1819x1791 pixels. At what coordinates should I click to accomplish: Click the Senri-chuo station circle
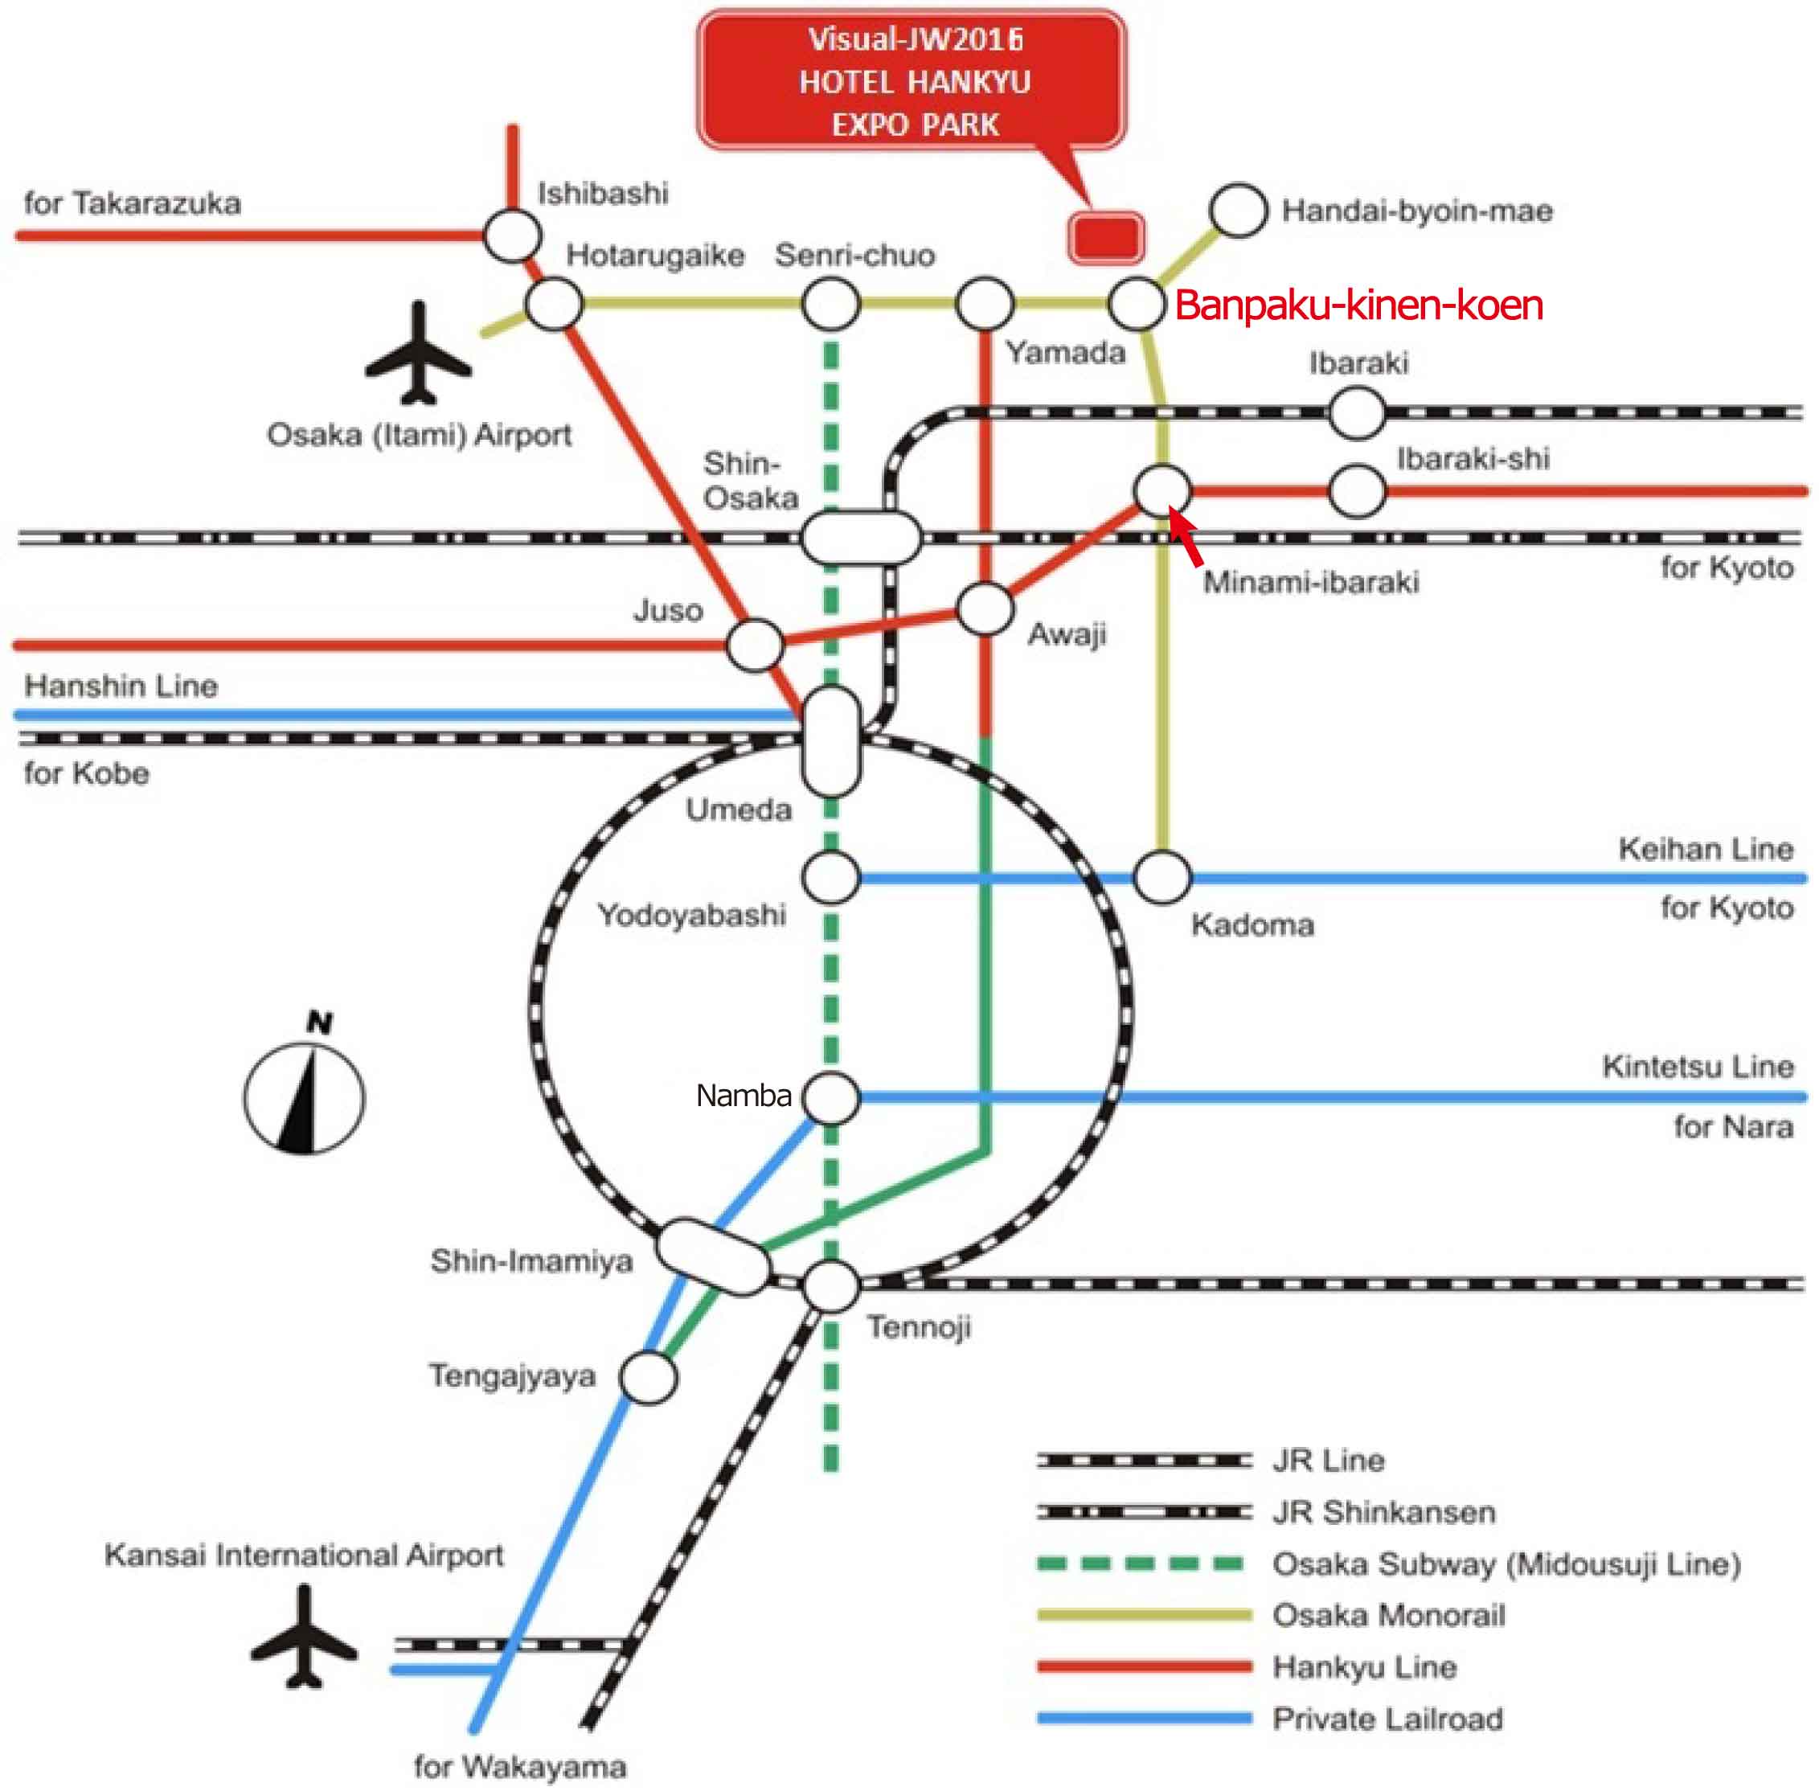pyautogui.click(x=830, y=304)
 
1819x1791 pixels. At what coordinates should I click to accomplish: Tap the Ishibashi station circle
pyautogui.click(x=513, y=236)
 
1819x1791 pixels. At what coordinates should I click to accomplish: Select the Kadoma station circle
pyautogui.click(x=1162, y=878)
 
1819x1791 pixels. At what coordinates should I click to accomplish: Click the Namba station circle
pyautogui.click(x=831, y=1096)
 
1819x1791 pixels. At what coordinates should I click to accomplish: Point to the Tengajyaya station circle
pyautogui.click(x=649, y=1377)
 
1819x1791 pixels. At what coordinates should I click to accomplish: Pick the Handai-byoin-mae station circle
pyautogui.click(x=1239, y=211)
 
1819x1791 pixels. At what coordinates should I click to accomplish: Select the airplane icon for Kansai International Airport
pyautogui.click(x=304, y=1637)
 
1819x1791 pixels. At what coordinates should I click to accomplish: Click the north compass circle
pyautogui.click(x=304, y=1098)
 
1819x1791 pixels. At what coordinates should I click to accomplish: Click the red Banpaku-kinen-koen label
pyautogui.click(x=1359, y=305)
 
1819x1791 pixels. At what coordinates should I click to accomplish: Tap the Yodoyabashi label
pyautogui.click(x=691, y=914)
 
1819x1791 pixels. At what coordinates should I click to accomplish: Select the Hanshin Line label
pyautogui.click(x=121, y=686)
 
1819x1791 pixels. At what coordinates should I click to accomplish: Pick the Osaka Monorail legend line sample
pyautogui.click(x=1144, y=1615)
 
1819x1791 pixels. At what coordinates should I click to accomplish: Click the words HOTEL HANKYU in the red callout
pyautogui.click(x=914, y=83)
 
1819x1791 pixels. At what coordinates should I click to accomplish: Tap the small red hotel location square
pyautogui.click(x=1106, y=236)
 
